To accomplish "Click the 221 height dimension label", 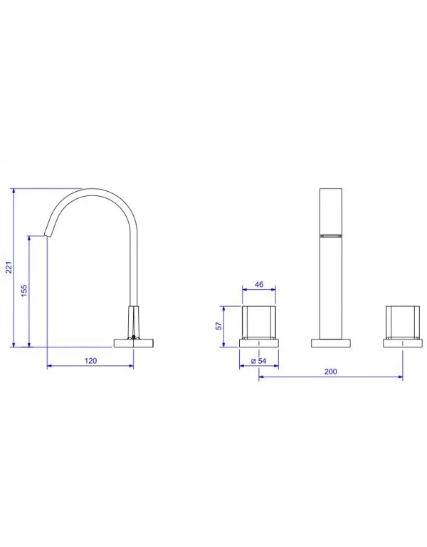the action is click(9, 268).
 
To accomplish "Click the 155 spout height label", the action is click(23, 291).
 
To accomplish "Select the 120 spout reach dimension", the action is click(90, 361).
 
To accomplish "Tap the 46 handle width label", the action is click(259, 285).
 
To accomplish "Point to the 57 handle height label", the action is click(218, 326).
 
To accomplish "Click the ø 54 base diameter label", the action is click(259, 361).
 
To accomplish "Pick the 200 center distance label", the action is click(330, 372).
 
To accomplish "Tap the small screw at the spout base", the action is click(134, 337).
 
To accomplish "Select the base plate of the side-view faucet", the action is click(134, 343).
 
